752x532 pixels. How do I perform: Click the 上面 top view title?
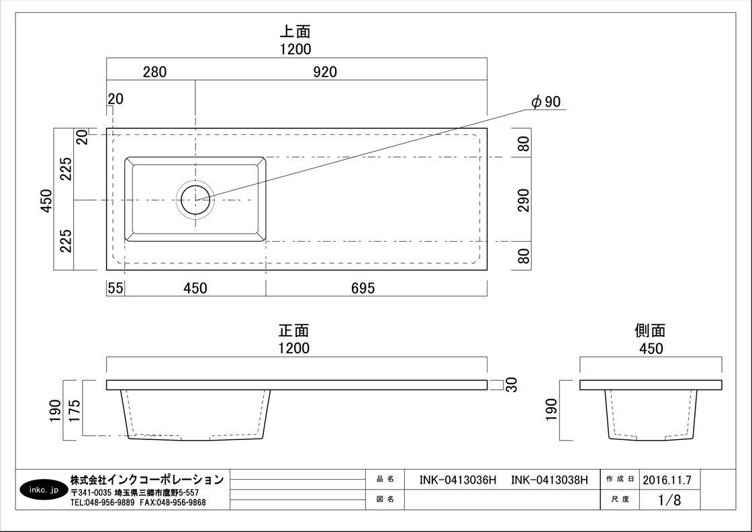(x=295, y=32)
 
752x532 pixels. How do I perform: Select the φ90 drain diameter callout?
(x=546, y=101)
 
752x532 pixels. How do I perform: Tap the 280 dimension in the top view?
(x=155, y=72)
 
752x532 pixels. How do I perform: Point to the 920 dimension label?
(x=325, y=72)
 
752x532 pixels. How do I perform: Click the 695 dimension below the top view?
(x=363, y=288)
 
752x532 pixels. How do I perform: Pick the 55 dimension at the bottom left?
(x=115, y=288)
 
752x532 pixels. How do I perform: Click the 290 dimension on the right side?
(x=524, y=200)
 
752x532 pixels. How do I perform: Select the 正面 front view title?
(x=294, y=330)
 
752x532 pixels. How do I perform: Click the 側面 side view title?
(x=651, y=330)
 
